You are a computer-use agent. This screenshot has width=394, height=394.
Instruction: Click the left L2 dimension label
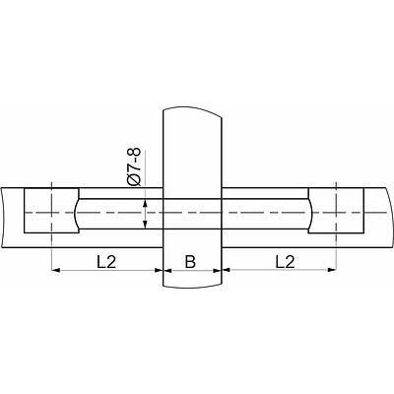click(x=106, y=262)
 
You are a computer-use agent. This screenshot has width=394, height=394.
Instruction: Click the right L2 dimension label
click(x=285, y=262)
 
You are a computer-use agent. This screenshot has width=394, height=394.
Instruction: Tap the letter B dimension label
click(x=190, y=262)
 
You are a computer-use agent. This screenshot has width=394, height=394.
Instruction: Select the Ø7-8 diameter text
click(x=134, y=167)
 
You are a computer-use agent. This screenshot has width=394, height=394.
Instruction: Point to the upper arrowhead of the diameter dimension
click(x=145, y=203)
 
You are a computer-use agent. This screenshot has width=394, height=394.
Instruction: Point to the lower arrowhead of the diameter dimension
click(x=145, y=225)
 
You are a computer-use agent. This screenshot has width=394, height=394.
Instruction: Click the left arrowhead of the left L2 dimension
click(x=56, y=270)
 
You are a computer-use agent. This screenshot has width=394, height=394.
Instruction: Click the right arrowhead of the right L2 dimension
click(x=332, y=270)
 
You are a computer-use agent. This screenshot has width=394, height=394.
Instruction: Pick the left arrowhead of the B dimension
click(x=167, y=270)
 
